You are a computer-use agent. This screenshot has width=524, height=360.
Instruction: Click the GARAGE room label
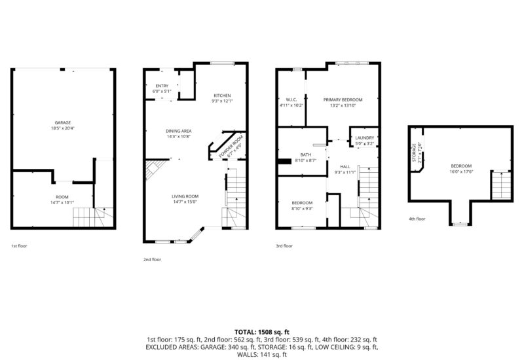pos(63,123)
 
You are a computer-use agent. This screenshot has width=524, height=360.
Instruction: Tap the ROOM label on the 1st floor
pos(63,196)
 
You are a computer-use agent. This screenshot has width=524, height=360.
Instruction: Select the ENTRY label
pos(162,86)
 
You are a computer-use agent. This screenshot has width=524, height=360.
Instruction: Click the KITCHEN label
pos(222,96)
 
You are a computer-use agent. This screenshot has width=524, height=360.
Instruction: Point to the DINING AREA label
pos(178,132)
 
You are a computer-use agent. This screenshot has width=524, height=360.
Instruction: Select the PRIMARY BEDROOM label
pos(343,99)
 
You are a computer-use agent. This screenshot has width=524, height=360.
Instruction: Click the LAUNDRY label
pos(364,137)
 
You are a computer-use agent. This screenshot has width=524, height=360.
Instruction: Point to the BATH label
pos(305,154)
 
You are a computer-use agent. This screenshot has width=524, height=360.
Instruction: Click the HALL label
pos(345,167)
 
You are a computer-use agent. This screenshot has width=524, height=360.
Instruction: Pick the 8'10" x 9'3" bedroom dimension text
pos(302,208)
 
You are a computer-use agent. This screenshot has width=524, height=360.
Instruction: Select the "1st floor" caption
pos(19,246)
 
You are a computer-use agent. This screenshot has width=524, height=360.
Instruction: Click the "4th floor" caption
pos(417,219)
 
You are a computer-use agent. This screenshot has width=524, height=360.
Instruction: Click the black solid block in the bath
pos(284,162)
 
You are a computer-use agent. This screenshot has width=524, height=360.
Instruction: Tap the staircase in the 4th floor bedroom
pos(500,185)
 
